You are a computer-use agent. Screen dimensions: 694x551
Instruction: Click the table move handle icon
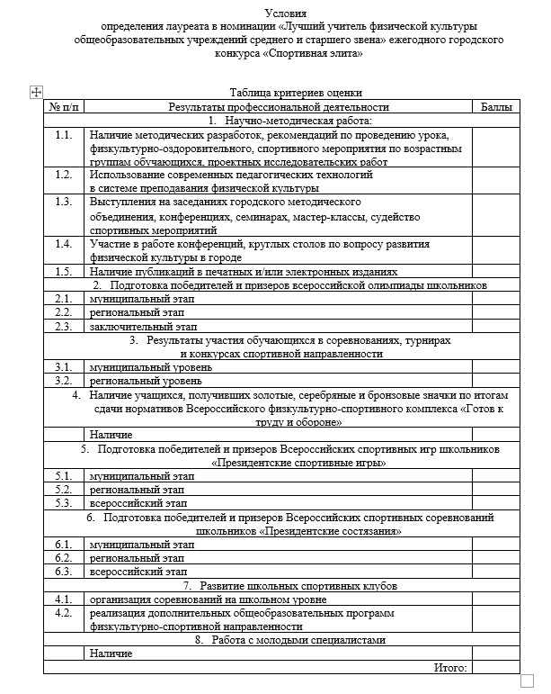pyautogui.click(x=35, y=92)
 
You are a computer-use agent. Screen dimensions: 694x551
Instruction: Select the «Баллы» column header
pyautogui.click(x=496, y=107)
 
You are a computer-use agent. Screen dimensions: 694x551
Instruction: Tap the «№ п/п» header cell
pyautogui.click(x=64, y=107)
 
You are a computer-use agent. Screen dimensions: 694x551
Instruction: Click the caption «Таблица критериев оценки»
pyautogui.click(x=296, y=93)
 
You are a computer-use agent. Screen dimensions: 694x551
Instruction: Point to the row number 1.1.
pyautogui.click(x=63, y=135)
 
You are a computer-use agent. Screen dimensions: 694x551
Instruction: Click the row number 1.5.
pyautogui.click(x=63, y=272)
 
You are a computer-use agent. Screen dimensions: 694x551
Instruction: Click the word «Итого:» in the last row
pyautogui.click(x=450, y=667)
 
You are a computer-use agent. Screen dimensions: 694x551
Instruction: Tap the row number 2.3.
pyautogui.click(x=63, y=327)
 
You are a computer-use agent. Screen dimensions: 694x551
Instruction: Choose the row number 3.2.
pyautogui.click(x=63, y=381)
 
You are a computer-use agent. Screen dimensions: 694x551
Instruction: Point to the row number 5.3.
pyautogui.click(x=63, y=503)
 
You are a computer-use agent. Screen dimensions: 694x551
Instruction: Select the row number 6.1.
pyautogui.click(x=63, y=545)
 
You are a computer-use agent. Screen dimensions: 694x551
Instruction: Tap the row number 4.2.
pyautogui.click(x=63, y=612)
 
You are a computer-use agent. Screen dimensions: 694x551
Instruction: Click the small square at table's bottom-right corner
pyautogui.click(x=527, y=681)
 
